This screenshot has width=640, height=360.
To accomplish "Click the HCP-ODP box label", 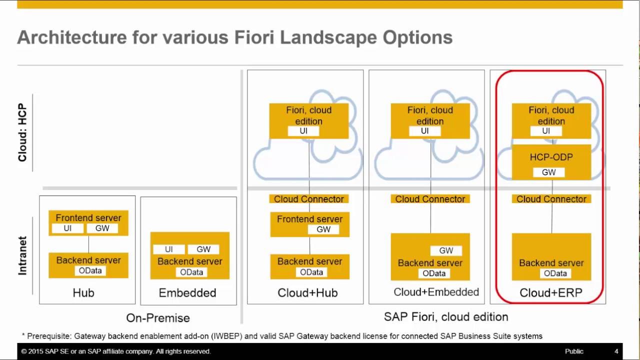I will tap(551, 157).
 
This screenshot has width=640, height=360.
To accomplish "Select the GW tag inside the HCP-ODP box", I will tap(548, 172).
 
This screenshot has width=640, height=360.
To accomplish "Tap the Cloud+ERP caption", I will tap(551, 293).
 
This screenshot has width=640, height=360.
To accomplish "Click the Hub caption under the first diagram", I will tap(83, 293).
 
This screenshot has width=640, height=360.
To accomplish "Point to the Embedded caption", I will tap(187, 293).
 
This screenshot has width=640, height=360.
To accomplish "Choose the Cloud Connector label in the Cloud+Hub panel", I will tap(309, 199).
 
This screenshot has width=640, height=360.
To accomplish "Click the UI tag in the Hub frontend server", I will tap(67, 228).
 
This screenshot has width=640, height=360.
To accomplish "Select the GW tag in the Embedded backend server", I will tap(203, 249).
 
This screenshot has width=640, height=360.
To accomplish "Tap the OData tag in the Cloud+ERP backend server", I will tap(555, 273).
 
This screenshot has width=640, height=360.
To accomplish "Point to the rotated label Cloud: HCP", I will tap(22, 132).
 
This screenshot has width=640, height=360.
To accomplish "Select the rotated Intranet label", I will tap(22, 255).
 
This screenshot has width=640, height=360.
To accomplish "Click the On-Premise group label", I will tap(158, 318).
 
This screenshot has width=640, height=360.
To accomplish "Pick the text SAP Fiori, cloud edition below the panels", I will tap(446, 317).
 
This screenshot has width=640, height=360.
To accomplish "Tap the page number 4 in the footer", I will tap(616, 351).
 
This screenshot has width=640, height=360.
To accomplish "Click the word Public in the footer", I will tap(574, 351).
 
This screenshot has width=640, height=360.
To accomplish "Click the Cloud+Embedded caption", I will tap(436, 292).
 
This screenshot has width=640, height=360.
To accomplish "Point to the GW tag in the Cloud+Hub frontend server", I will tap(323, 229).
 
